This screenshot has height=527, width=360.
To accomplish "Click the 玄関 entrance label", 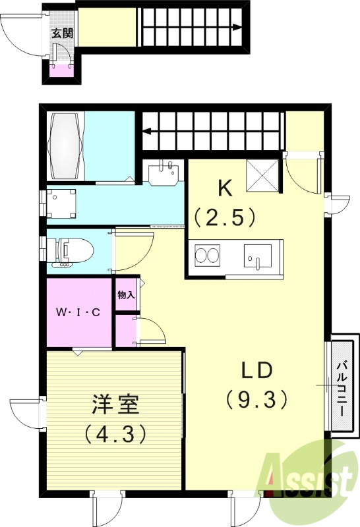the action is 62,34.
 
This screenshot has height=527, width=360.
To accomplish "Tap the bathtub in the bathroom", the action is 66,146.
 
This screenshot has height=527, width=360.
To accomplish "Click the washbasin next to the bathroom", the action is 163,173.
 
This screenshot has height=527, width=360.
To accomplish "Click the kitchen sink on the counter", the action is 258,257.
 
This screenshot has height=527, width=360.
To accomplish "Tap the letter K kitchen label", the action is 225,188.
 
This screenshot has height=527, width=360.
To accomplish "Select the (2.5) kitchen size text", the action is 225,217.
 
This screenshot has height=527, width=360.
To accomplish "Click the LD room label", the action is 256,370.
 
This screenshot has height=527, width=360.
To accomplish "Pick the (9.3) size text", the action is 257,399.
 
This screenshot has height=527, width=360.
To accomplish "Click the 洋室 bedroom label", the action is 115,404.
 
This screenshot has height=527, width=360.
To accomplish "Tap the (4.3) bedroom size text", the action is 115,433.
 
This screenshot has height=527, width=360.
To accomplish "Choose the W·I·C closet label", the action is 78,312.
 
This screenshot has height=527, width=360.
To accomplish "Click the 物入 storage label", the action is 126,295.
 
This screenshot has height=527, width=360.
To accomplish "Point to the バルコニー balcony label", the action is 343,387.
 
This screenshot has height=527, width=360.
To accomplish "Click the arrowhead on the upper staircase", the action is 237,28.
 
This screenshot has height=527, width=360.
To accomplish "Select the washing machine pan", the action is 61,204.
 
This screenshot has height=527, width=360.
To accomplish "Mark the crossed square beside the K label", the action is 263,175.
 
